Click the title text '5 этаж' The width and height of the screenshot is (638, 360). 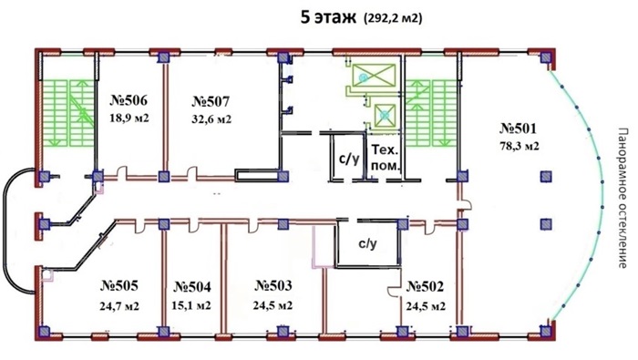pos(328,18)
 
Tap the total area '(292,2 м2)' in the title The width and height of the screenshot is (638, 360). pos(394,18)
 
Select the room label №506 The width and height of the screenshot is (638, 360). pos(129,100)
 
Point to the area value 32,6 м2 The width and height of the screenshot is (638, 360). pos(211,119)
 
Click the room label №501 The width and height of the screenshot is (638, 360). pos(518,129)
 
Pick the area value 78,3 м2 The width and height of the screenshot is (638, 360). pos(520,146)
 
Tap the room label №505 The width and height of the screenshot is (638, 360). pos(119,285)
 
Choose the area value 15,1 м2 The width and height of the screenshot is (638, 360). pos(190,305)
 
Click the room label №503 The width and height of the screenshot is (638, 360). pos(273,285)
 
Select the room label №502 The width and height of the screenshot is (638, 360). pos(425,287)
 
